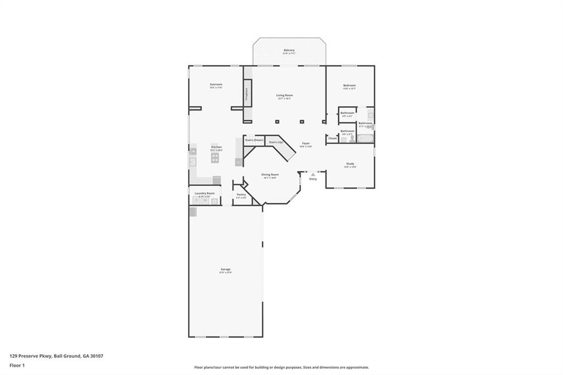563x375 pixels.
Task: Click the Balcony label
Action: click(x=289, y=50)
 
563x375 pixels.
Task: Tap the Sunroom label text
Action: click(x=216, y=84)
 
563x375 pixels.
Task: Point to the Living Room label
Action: click(x=284, y=95)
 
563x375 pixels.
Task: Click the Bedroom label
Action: click(x=349, y=85)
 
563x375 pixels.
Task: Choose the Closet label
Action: click(x=332, y=139)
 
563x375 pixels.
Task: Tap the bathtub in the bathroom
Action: click(x=365, y=138)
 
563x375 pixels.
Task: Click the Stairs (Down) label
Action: click(x=254, y=141)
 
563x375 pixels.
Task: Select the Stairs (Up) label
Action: click(x=276, y=142)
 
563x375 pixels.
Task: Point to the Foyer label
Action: click(x=306, y=144)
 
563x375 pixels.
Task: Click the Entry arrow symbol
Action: click(x=313, y=174)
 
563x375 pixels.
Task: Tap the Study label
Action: click(x=350, y=163)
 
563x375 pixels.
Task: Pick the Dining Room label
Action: click(x=270, y=174)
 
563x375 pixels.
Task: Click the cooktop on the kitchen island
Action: click(x=215, y=157)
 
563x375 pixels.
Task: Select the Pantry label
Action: click(x=241, y=194)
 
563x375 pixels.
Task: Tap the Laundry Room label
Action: click(x=204, y=193)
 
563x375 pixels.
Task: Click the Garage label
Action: click(x=225, y=269)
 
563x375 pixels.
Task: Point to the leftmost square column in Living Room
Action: click(x=277, y=121)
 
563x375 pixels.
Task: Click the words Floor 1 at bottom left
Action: click(x=18, y=365)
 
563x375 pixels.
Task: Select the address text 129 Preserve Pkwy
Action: click(x=30, y=356)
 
